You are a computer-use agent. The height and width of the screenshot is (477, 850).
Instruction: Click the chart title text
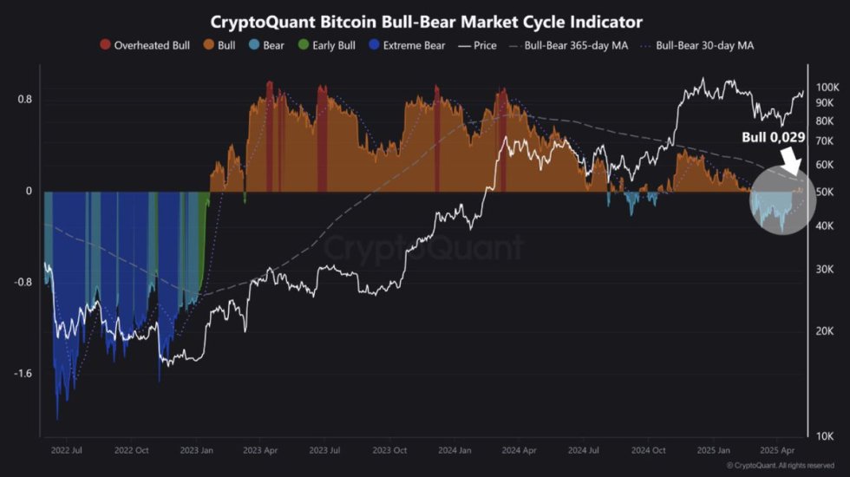coord(426,21)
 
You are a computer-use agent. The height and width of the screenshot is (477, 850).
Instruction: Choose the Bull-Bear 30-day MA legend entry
coord(698,45)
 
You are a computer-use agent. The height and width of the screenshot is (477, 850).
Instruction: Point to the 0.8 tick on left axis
coord(24,100)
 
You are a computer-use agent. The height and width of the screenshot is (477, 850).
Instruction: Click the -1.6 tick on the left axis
coord(23,374)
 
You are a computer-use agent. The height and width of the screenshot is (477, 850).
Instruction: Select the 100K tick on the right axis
coord(827,88)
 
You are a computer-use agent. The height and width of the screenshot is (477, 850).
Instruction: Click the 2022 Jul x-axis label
coord(67,451)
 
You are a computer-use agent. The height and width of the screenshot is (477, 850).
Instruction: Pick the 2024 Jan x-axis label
coord(454,451)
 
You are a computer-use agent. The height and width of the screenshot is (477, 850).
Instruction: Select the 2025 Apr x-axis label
coord(777,451)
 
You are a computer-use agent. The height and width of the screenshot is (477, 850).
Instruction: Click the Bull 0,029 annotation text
coord(773,137)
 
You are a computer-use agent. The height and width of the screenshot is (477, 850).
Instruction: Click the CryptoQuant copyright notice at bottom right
coord(781,466)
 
